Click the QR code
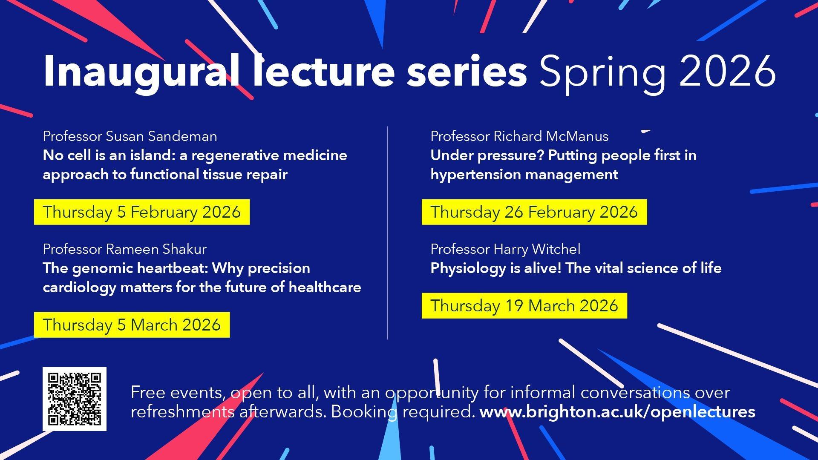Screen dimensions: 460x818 point(75,399)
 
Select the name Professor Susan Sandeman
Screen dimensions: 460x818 point(130,136)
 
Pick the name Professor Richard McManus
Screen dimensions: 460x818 point(519,136)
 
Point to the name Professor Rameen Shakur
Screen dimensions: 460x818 point(124,249)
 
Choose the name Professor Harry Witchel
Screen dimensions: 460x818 point(505,249)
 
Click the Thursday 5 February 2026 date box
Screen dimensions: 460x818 point(142,212)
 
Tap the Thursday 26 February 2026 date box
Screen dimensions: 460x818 point(534,212)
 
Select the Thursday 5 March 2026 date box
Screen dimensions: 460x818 point(132,325)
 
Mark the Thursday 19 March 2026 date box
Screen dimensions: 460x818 point(524,306)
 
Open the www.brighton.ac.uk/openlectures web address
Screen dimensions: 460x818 point(617,412)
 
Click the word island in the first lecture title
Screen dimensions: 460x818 point(151,155)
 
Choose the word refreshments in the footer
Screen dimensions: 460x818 point(182,412)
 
